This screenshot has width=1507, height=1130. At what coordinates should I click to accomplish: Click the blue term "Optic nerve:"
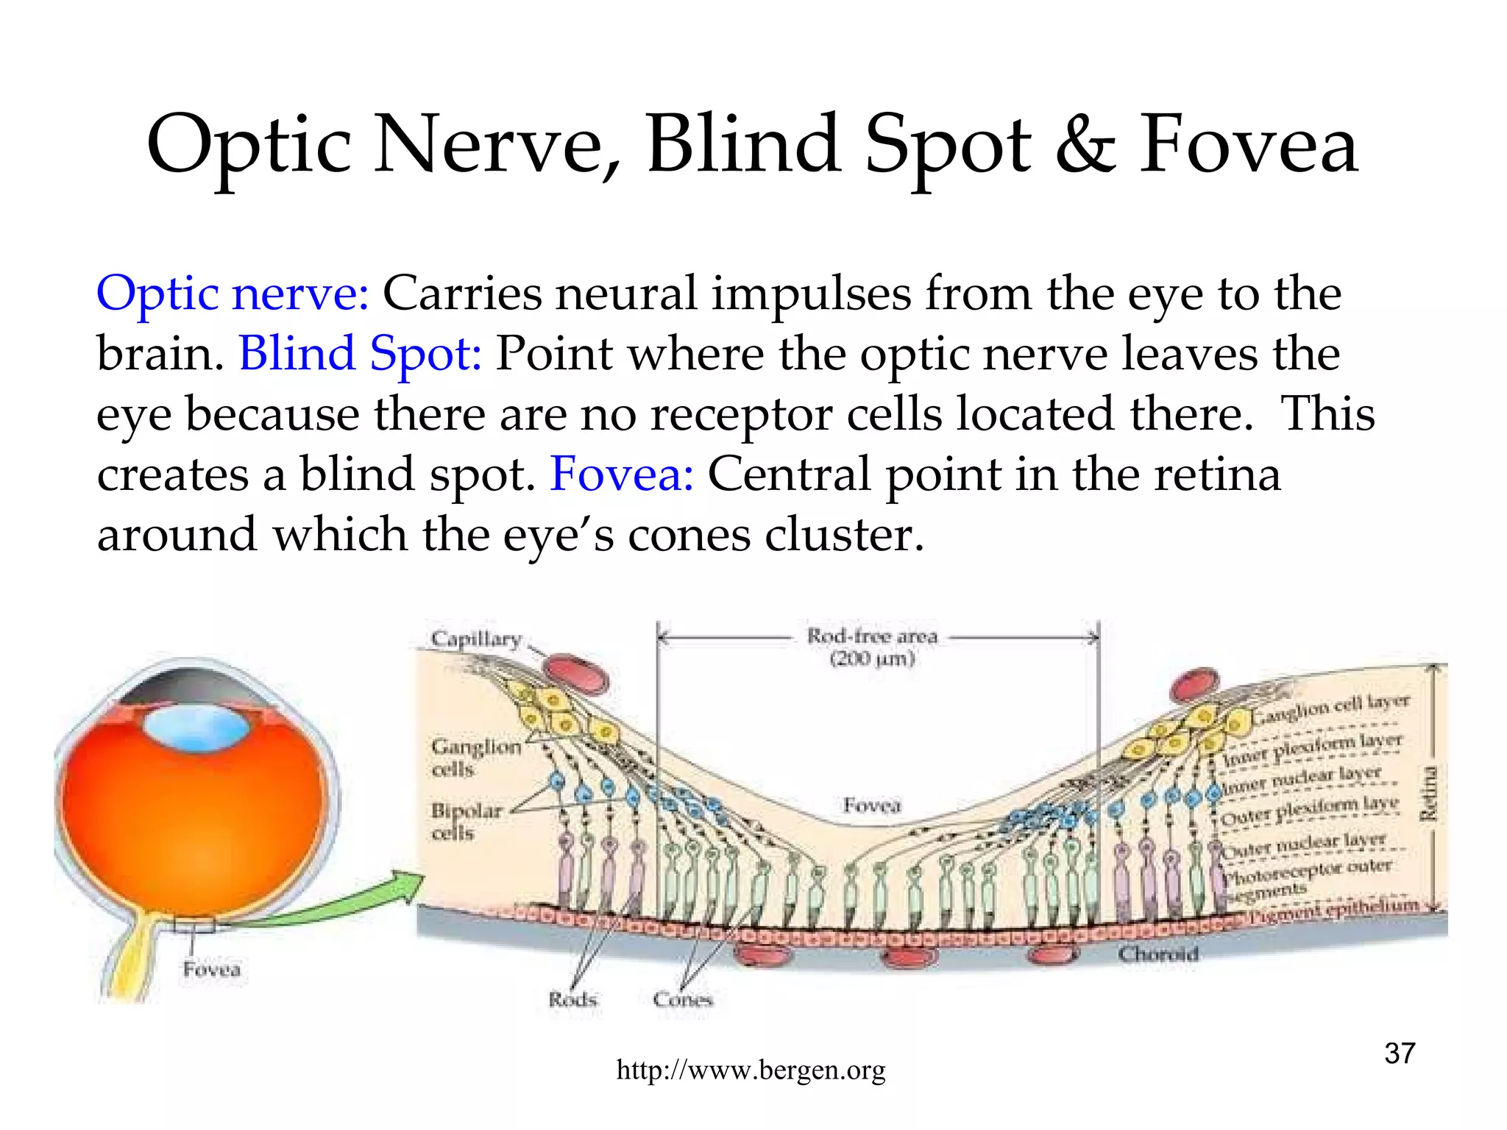click(233, 294)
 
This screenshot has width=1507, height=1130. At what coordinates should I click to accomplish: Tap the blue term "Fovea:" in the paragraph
click(622, 475)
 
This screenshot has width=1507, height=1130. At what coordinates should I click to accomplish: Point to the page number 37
click(1400, 1053)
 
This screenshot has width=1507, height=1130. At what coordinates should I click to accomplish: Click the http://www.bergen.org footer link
click(751, 1070)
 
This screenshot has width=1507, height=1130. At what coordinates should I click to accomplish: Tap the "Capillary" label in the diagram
click(476, 639)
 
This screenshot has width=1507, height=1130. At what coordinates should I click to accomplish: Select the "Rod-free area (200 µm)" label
click(872, 647)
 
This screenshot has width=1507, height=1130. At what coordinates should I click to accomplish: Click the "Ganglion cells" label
click(475, 757)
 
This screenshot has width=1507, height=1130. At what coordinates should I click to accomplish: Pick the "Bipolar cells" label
click(466, 821)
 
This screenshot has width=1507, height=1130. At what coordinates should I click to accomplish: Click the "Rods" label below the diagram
click(572, 999)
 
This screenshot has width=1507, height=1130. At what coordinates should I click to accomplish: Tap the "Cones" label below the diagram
click(683, 999)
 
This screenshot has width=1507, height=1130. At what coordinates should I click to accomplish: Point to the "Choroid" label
click(1158, 954)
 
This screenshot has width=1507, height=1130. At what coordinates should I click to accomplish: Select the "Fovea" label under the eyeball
click(212, 970)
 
